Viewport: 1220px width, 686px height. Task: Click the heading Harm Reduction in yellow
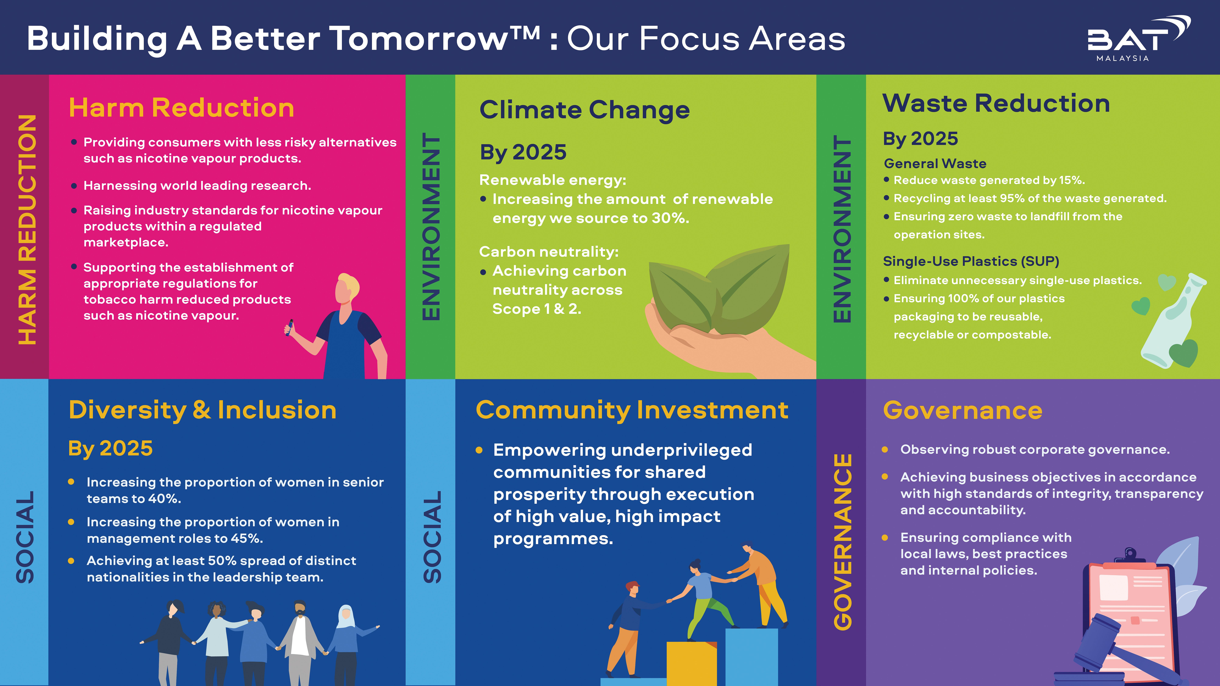click(181, 107)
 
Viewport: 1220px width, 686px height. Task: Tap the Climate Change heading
click(584, 110)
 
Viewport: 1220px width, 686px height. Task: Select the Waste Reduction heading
click(996, 103)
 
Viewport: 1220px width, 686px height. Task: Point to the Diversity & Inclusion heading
click(202, 410)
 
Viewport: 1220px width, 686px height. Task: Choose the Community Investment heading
click(632, 410)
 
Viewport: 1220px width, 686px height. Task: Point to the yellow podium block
click(691, 663)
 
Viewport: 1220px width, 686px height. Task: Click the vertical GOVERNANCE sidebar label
click(843, 542)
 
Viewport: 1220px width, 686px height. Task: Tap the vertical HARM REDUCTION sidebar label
click(27, 230)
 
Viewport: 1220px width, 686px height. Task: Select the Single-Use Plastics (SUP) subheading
click(971, 261)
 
